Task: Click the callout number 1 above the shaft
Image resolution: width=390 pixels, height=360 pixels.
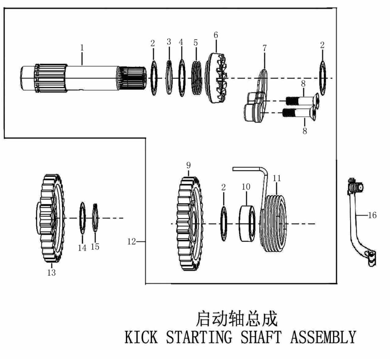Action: tap(82, 47)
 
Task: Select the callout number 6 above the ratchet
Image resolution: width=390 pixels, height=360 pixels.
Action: tap(216, 35)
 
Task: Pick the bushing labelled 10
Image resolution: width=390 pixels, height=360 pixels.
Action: tap(247, 223)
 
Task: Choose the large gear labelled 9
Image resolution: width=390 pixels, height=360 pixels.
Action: tap(190, 223)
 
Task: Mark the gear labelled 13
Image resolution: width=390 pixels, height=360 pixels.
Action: tap(50, 218)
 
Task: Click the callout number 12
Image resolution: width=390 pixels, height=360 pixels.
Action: tap(132, 241)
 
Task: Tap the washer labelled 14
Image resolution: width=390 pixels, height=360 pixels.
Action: tap(82, 218)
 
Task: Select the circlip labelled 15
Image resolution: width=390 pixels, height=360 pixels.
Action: tap(95, 218)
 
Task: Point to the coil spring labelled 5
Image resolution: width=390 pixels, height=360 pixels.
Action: tap(197, 78)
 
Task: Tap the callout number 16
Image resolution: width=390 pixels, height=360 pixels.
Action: tap(372, 215)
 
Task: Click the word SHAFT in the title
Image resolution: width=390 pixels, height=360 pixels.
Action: tap(261, 337)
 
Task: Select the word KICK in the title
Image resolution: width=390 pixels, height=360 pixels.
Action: tap(141, 337)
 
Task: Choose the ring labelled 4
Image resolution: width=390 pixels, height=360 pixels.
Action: tap(182, 78)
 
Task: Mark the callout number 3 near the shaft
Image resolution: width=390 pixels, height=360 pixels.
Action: tap(169, 42)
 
